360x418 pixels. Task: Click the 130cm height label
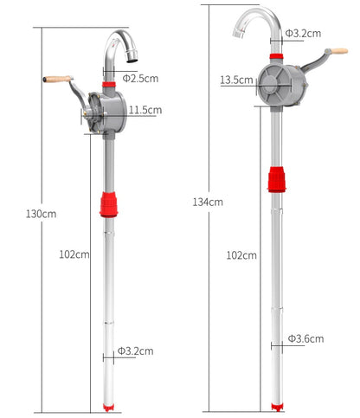pyautogui.click(x=41, y=212)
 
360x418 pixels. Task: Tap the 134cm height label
pyautogui.click(x=208, y=202)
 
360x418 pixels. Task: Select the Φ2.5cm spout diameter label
pyautogui.click(x=139, y=78)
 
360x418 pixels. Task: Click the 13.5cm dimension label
pyautogui.click(x=235, y=80)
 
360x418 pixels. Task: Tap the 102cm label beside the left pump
pyautogui.click(x=74, y=254)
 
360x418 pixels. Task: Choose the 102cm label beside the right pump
pyautogui.click(x=241, y=255)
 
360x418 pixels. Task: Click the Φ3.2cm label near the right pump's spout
pyautogui.click(x=305, y=34)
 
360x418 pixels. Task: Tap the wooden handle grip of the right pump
pyautogui.click(x=339, y=51)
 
